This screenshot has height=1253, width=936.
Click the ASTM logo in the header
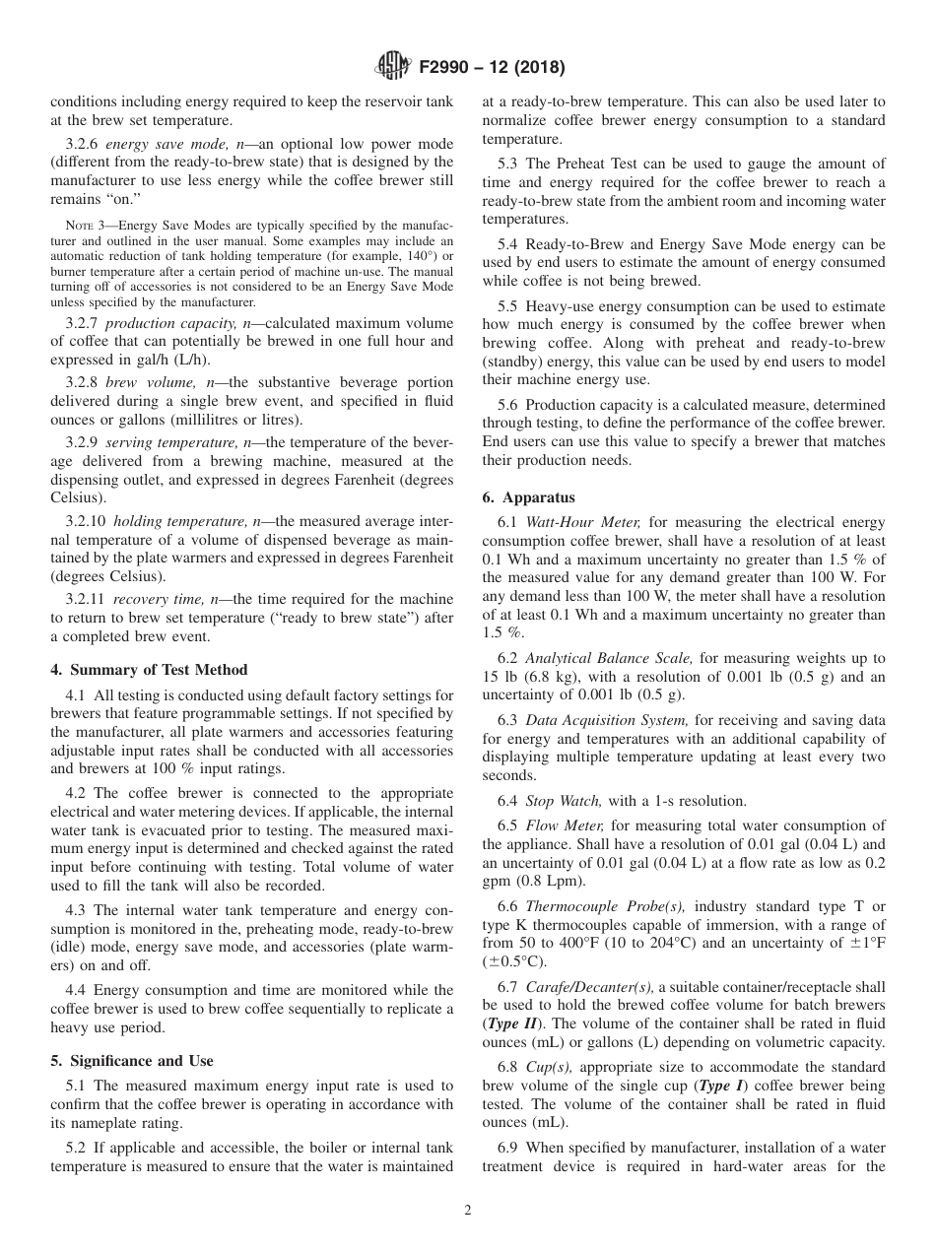tap(393, 68)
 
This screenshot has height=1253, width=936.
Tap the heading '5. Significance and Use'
tap(131, 1061)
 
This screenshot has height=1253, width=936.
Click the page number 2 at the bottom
tap(468, 1211)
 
